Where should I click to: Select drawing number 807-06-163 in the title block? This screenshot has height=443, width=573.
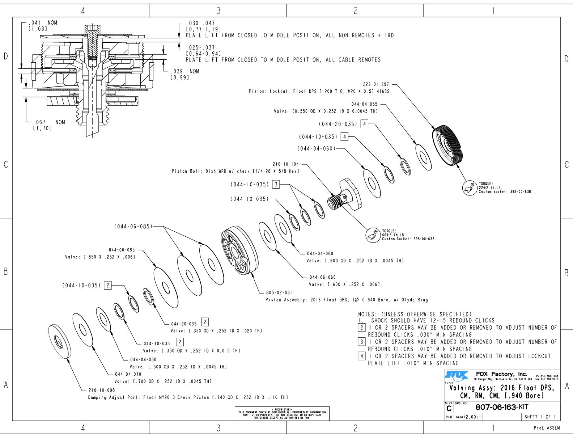(495, 407)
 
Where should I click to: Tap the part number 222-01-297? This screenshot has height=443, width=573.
(376, 84)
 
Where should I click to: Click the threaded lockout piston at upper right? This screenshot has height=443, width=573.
(447, 144)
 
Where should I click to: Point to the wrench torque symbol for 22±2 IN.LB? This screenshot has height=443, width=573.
(470, 187)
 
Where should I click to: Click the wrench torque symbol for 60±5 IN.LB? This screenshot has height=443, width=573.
(373, 235)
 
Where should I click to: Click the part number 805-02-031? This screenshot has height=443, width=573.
(279, 292)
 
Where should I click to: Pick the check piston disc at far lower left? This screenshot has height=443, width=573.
(59, 341)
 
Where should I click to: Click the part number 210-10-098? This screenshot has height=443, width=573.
(102, 390)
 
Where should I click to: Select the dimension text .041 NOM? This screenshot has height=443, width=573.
(43, 23)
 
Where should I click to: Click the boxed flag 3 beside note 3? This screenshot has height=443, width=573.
(362, 342)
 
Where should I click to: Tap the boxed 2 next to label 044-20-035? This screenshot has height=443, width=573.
(205, 322)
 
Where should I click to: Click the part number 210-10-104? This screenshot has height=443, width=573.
(286, 164)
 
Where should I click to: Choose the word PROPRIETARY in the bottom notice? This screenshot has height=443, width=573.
(282, 410)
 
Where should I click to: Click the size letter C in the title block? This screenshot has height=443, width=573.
(449, 409)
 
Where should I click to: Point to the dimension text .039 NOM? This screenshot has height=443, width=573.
(184, 71)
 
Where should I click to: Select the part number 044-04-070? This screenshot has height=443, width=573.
(128, 374)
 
